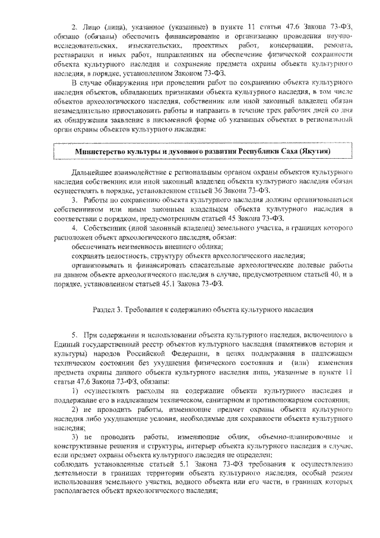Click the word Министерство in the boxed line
point(103,151)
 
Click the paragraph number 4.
point(75,228)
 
